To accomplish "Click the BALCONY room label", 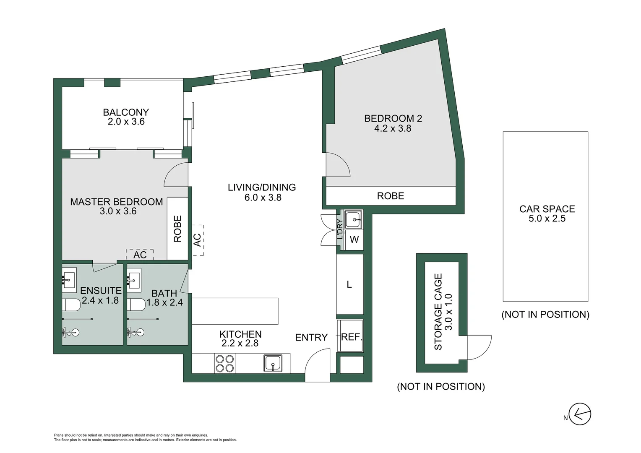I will click(x=126, y=112).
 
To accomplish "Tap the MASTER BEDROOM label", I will click(x=116, y=202).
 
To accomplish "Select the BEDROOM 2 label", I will click(x=393, y=119).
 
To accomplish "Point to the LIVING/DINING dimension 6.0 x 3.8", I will click(x=263, y=198).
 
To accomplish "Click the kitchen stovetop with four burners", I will click(x=224, y=363).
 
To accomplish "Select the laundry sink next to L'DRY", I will click(x=353, y=220).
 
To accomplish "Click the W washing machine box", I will click(x=354, y=240).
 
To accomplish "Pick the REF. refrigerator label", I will click(x=351, y=337).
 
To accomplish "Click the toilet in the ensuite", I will click(x=71, y=305).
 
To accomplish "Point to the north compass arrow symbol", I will click(x=580, y=415).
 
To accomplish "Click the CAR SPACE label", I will click(x=547, y=209).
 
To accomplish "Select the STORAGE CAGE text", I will click(x=438, y=312).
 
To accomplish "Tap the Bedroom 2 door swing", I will click(x=338, y=165).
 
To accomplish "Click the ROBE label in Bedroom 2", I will click(x=391, y=196).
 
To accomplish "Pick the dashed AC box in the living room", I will click(x=198, y=240).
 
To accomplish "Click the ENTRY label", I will click(x=311, y=338).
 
